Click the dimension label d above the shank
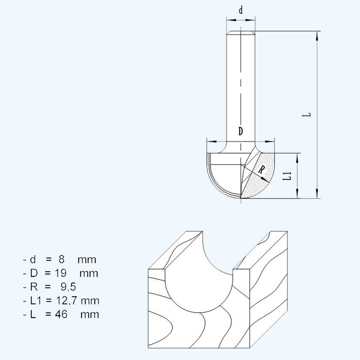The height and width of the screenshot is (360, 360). tap(240, 11)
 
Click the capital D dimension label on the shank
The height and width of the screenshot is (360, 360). tap(240, 131)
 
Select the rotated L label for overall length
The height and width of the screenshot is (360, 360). tap(307, 115)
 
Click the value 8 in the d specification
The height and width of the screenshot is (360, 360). tap(62, 259)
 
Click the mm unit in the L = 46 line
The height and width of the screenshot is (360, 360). tap(90, 314)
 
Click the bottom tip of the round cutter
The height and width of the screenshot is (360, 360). tap(240, 198)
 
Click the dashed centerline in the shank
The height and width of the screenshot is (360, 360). tap(240, 88)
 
